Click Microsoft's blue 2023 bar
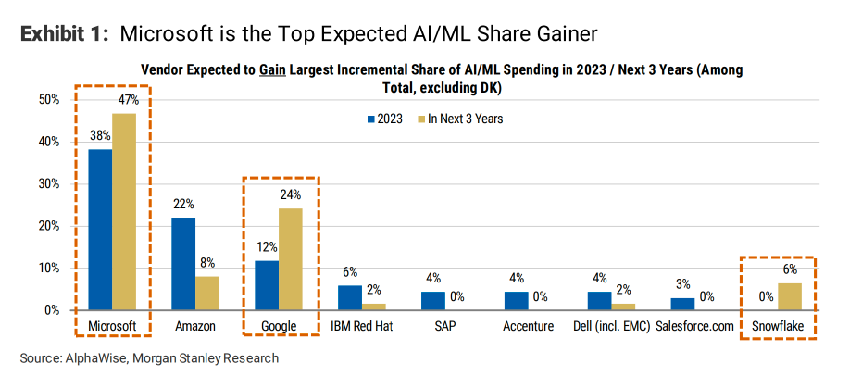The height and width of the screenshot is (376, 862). (100, 230)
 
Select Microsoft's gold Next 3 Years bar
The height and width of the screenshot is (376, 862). (124, 212)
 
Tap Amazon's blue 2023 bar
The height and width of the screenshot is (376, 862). (183, 264)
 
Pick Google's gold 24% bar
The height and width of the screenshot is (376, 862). (291, 259)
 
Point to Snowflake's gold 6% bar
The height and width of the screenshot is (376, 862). (790, 297)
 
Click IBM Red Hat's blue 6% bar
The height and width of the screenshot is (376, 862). (350, 298)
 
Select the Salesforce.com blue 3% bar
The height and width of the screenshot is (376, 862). (682, 304)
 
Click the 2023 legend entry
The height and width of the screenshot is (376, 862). (384, 119)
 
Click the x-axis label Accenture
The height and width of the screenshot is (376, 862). (528, 326)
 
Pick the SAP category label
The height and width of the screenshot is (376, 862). (444, 326)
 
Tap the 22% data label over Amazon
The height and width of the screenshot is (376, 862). (183, 205)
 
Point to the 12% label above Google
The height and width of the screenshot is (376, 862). (267, 247)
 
